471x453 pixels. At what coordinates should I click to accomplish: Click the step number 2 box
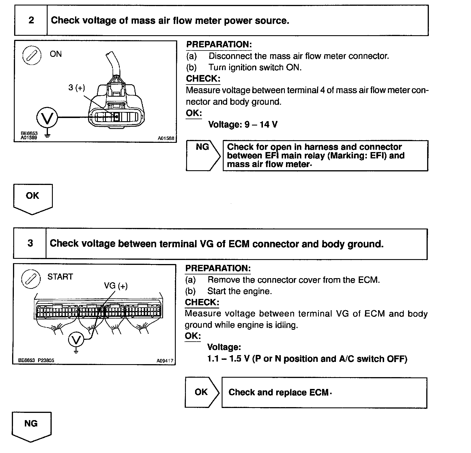click(31, 20)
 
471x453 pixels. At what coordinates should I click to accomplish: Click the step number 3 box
click(30, 243)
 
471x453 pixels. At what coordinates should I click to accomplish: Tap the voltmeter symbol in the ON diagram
click(47, 117)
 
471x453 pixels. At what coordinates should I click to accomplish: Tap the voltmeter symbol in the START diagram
click(76, 340)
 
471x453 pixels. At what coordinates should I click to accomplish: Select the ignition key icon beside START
click(30, 278)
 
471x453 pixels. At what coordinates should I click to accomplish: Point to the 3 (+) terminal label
click(77, 87)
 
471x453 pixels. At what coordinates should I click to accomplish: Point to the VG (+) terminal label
click(116, 286)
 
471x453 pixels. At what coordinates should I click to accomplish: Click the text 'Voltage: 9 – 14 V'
click(243, 125)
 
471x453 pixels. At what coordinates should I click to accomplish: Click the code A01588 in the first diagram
click(166, 138)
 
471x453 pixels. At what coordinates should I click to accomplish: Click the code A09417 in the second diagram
click(165, 361)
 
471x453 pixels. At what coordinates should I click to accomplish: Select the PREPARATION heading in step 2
click(219, 44)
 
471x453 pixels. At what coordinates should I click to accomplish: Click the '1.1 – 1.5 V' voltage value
click(228, 359)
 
